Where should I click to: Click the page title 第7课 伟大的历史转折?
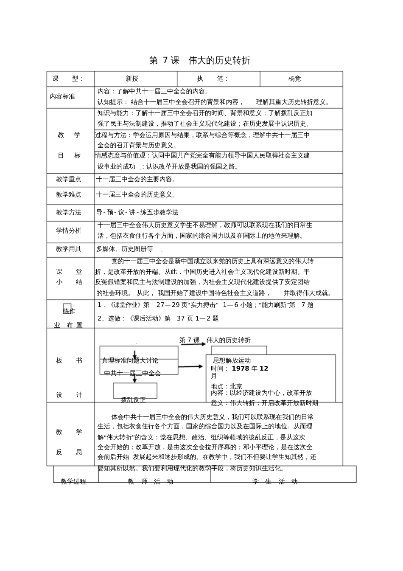200,60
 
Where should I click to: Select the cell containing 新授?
132,79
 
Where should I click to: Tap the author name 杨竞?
294,79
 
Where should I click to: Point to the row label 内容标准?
62,96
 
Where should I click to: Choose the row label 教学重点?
68,179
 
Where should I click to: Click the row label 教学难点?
68,194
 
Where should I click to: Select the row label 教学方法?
68,212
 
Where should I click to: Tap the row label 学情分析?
68,231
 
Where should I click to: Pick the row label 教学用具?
68,249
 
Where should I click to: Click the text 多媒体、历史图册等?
125,249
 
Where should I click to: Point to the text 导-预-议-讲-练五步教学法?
137,212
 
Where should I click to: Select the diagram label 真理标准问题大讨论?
130,360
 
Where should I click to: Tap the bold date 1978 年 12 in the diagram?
250,368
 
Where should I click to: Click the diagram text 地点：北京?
227,386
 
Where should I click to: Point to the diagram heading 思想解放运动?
232,360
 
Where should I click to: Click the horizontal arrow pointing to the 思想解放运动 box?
190,366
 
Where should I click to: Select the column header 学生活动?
275,481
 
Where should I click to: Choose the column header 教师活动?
151,481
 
